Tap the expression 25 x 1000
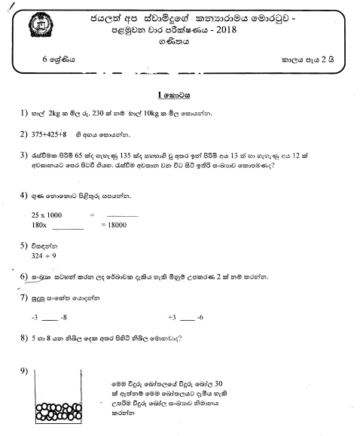(x=47, y=215)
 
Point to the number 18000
(x=115, y=225)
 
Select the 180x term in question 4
(x=39, y=225)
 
